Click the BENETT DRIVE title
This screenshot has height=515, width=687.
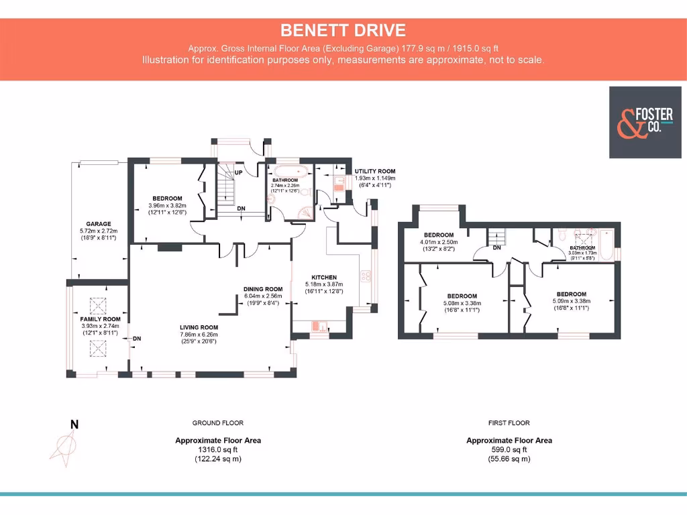coord(343,30)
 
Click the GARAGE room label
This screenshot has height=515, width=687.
coord(98,224)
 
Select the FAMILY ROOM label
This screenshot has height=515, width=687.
coord(100,319)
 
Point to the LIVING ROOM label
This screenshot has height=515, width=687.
coord(199,328)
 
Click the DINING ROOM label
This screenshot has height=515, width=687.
coord(263,289)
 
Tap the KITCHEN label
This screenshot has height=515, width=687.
coord(324,278)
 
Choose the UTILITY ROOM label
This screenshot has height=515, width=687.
coord(375,172)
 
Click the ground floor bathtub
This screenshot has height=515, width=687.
coord(290,170)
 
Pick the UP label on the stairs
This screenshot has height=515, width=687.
coord(238,173)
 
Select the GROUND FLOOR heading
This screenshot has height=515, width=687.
coord(218,423)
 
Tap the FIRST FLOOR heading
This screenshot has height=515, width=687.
coord(509,423)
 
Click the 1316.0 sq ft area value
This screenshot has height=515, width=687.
coord(218,450)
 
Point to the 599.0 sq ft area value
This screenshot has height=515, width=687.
coord(509,450)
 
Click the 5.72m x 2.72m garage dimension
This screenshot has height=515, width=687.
coord(98,231)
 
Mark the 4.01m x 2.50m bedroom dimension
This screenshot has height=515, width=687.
coord(439,242)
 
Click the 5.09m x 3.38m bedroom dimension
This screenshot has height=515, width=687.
coord(571,301)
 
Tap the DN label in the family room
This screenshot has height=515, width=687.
coord(137,339)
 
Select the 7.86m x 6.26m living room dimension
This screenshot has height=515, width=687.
coord(199,335)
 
